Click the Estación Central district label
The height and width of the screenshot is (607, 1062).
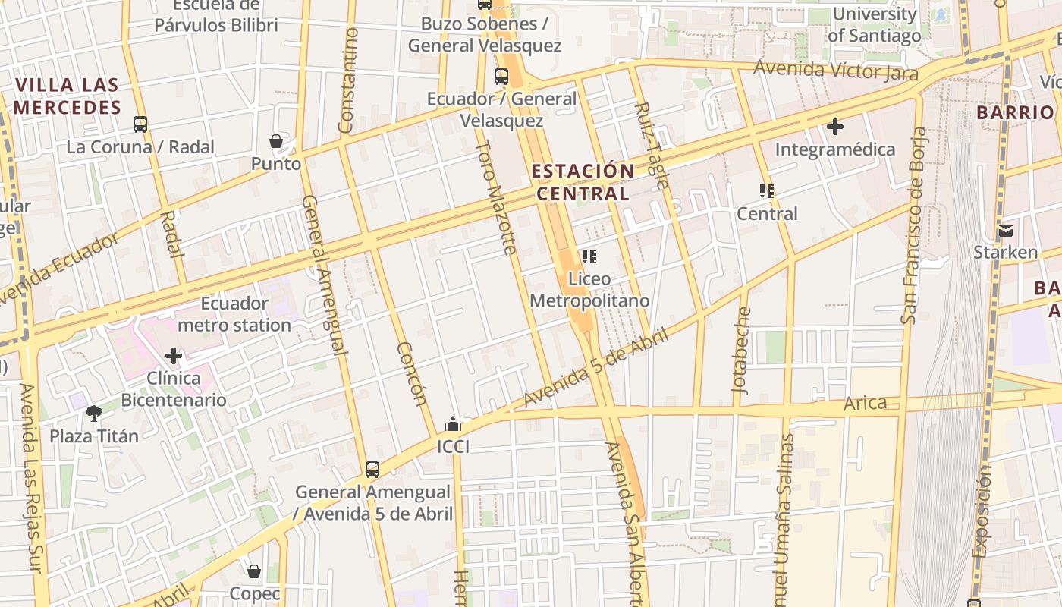pyautogui.click(x=582, y=182)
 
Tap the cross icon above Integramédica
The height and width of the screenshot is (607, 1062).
pyautogui.click(x=835, y=127)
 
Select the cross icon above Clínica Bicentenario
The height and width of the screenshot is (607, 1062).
pyautogui.click(x=174, y=355)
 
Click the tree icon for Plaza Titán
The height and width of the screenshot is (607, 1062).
pyautogui.click(x=94, y=414)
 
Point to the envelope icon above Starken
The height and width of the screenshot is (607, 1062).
pyautogui.click(x=1005, y=230)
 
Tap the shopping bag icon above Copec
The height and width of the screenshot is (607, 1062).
pyautogui.click(x=254, y=571)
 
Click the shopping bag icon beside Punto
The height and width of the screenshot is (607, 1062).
pyautogui.click(x=276, y=141)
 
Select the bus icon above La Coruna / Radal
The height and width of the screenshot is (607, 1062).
pyautogui.click(x=140, y=124)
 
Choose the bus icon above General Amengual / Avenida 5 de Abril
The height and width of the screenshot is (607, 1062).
pyautogui.click(x=372, y=469)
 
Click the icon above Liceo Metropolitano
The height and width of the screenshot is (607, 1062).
pyautogui.click(x=589, y=256)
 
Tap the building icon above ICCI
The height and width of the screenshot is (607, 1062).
pyautogui.click(x=453, y=424)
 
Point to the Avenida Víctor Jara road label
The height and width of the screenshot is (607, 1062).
pyautogui.click(x=835, y=71)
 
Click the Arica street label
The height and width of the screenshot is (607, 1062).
pyautogui.click(x=865, y=403)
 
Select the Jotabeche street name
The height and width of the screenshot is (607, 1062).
pyautogui.click(x=741, y=350)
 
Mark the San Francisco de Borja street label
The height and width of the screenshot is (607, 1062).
pyautogui.click(x=913, y=225)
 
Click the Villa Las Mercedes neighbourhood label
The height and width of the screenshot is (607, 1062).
pyautogui.click(x=68, y=96)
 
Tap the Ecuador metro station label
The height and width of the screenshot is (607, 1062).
pyautogui.click(x=234, y=314)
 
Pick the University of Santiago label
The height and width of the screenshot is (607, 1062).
pyautogui.click(x=875, y=24)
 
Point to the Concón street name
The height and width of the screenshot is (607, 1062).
pyautogui.click(x=412, y=374)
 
